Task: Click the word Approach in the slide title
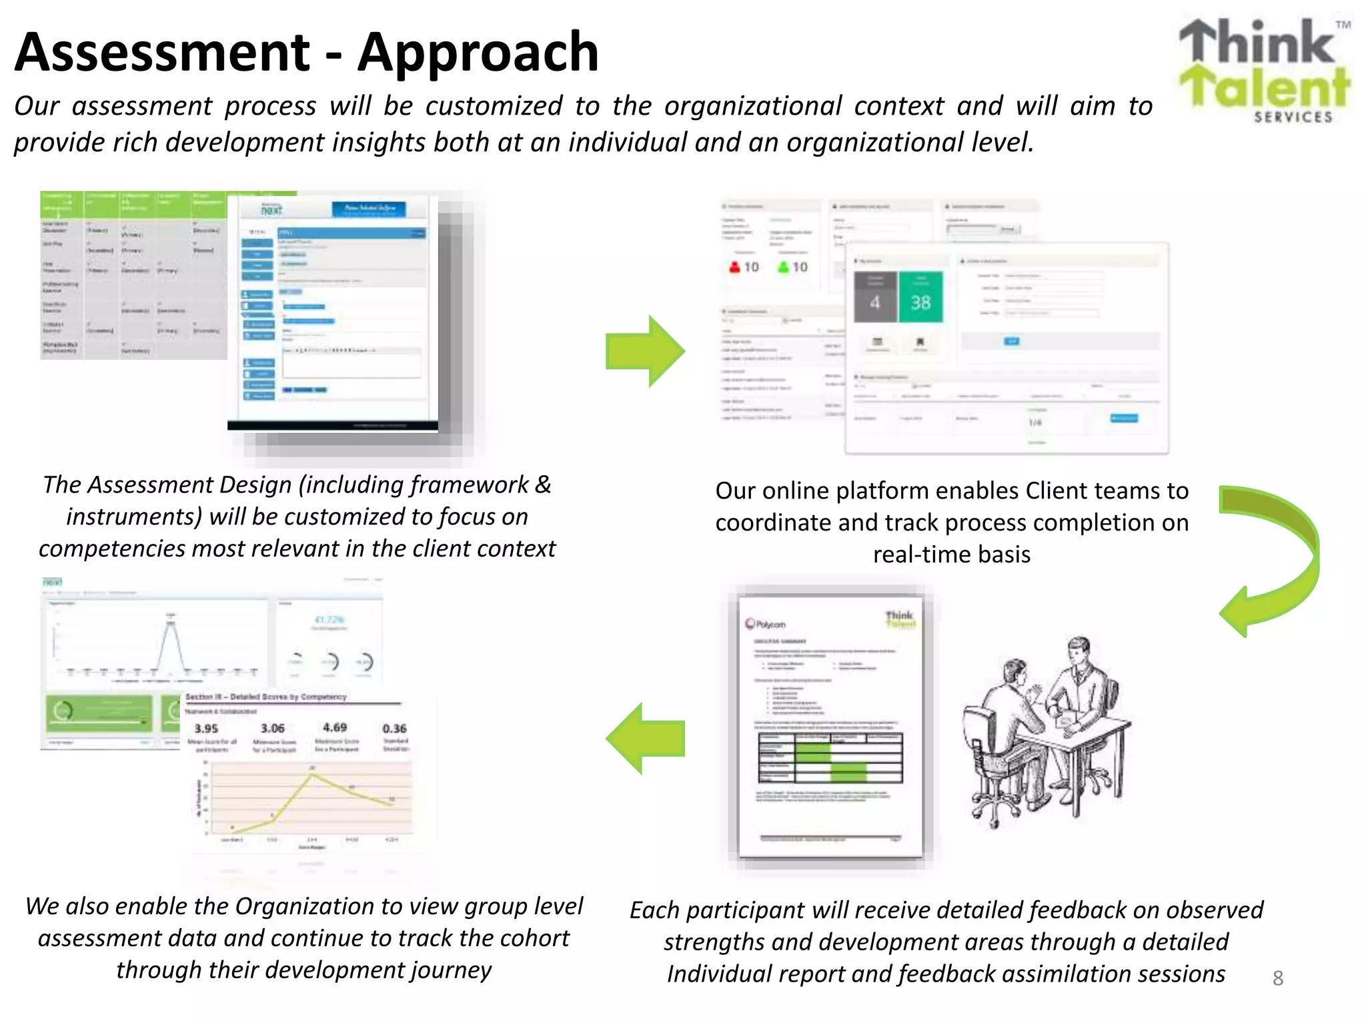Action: (x=478, y=53)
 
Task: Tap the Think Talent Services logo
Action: (x=1264, y=71)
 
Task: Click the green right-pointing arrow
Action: (x=645, y=351)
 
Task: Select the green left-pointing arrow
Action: (x=645, y=738)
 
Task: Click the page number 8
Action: (x=1277, y=978)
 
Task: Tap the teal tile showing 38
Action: (x=920, y=298)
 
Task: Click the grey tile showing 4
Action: (x=875, y=298)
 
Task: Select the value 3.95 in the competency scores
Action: (x=206, y=729)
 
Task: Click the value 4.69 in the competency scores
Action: (x=335, y=727)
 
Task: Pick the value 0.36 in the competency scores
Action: (x=395, y=729)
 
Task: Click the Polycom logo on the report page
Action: (x=766, y=624)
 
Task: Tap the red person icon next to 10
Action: (x=734, y=267)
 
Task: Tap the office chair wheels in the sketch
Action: (x=994, y=811)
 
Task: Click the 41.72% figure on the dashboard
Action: (x=329, y=620)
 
